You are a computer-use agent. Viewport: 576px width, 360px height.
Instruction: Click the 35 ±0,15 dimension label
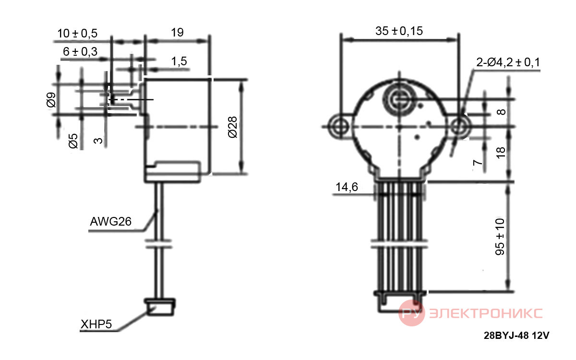coord(399,31)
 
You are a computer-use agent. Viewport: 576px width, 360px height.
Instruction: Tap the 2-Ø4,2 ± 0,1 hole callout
coord(508,62)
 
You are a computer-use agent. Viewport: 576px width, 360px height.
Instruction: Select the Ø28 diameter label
coord(232,127)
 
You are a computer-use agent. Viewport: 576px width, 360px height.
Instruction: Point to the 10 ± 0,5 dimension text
coord(77,34)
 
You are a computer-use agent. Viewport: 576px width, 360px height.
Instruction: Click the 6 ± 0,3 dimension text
coord(80,52)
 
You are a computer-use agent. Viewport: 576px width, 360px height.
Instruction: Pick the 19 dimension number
coord(177,33)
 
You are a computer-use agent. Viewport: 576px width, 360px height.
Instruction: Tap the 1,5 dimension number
coord(179,61)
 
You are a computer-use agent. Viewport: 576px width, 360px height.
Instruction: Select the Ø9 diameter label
coord(51,100)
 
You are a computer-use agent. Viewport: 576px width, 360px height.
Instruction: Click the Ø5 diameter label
coord(73,141)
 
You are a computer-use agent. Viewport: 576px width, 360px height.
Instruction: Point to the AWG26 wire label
coord(110,221)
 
